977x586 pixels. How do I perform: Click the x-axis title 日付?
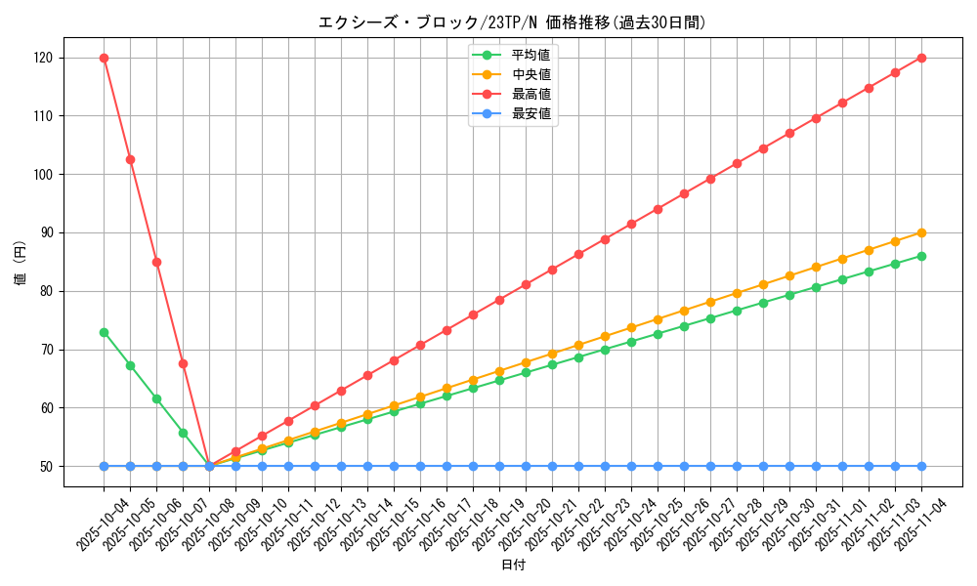[513, 565]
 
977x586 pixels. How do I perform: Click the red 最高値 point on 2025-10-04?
[104, 58]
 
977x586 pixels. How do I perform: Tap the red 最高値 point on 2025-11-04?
[921, 58]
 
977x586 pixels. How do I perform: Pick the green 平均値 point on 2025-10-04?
[104, 332]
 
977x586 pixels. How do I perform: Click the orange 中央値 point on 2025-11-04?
[921, 232]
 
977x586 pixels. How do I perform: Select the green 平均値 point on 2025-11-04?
[921, 256]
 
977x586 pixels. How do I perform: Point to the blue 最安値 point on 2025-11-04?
[921, 466]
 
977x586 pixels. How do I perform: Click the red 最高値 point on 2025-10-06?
[156, 262]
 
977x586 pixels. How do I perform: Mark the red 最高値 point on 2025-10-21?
[552, 270]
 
